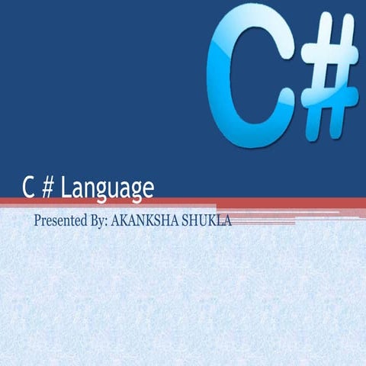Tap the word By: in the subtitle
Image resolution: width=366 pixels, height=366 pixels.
click(97, 221)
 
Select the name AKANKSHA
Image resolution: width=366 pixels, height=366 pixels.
click(144, 221)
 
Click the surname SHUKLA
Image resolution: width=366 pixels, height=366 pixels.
click(205, 221)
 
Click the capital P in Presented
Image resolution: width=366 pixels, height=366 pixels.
click(37, 221)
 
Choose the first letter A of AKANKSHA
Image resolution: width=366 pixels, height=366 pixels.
click(116, 221)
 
